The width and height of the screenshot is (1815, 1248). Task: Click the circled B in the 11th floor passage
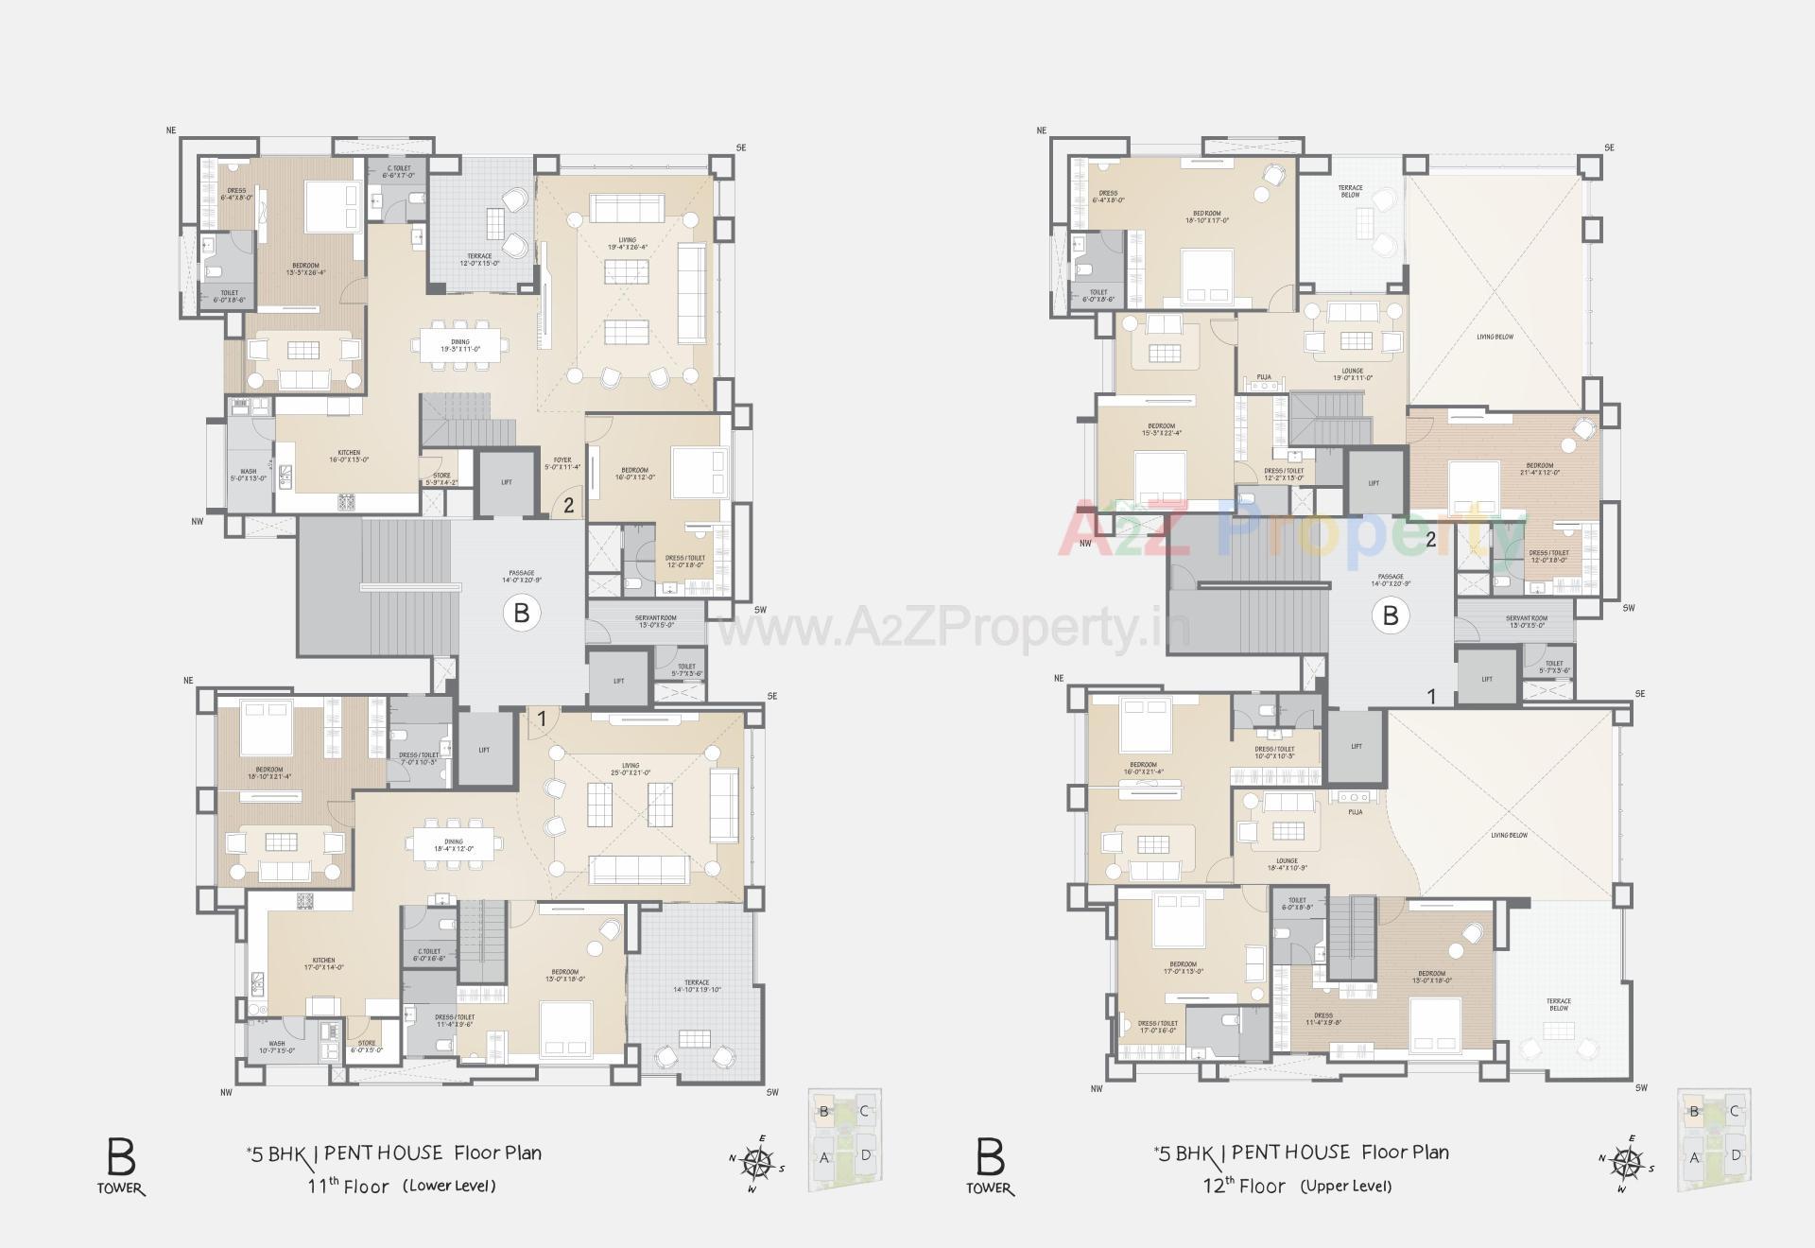pos(521,613)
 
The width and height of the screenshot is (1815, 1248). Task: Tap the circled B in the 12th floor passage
pos(1390,615)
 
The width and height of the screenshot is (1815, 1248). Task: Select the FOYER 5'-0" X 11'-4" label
pos(562,463)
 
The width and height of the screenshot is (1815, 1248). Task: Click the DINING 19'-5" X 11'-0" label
pos(460,345)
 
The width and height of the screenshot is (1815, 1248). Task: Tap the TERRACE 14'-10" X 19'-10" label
pos(698,986)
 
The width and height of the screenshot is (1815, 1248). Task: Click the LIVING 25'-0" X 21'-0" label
pos(631,769)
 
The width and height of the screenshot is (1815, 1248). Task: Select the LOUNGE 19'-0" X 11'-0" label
pos(1352,373)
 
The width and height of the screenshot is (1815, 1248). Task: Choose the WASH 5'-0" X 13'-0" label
pos(249,475)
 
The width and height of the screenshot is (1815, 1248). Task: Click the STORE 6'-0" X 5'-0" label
pos(367,1047)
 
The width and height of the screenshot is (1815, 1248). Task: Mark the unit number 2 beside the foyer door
pos(568,506)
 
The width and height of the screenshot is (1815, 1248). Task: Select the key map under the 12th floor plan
pos(1714,1140)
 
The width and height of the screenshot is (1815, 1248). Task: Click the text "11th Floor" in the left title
pos(348,1186)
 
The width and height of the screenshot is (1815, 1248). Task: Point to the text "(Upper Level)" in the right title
pos(1345,1186)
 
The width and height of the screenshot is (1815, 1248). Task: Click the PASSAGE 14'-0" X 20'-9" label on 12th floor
pos(1391,580)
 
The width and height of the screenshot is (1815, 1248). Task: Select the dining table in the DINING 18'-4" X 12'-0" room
pos(453,844)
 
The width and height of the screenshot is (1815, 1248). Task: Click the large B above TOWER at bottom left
pos(121,1157)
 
